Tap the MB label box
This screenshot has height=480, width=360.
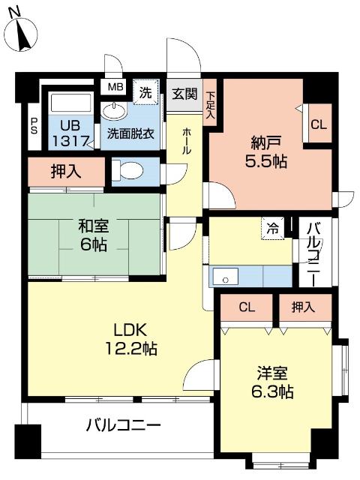pyautogui.click(x=115, y=87)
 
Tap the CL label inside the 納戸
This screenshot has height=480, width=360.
pyautogui.click(x=318, y=125)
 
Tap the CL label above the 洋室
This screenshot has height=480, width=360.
pyautogui.click(x=246, y=306)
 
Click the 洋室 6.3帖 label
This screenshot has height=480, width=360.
pyautogui.click(x=272, y=382)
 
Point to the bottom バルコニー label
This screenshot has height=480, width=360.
pyautogui.click(x=123, y=426)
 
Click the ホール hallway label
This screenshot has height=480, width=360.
pyautogui.click(x=186, y=141)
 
